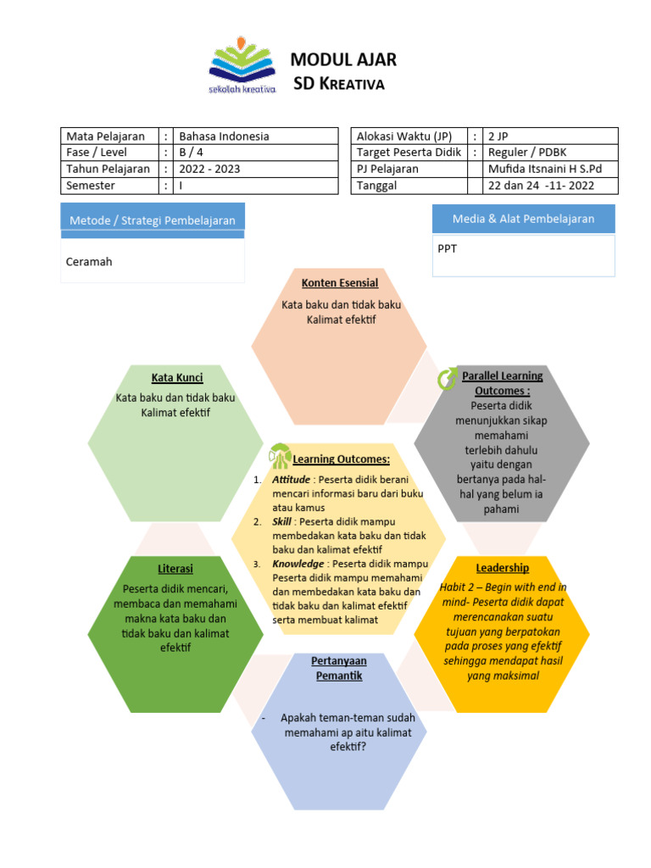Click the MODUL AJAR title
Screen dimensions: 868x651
tap(343, 59)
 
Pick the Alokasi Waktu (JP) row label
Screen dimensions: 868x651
tap(404, 136)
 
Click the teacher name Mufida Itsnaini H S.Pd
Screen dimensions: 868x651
tap(541, 169)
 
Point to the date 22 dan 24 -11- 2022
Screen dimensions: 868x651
tap(541, 186)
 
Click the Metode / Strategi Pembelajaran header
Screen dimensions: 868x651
tap(153, 220)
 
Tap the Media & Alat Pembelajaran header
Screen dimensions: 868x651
tap(523, 219)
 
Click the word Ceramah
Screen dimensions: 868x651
tap(89, 262)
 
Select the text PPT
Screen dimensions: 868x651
tap(448, 250)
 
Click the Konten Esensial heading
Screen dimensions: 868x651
tap(340, 283)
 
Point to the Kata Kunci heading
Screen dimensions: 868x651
tap(177, 377)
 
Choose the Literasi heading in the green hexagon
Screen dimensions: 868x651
tap(175, 568)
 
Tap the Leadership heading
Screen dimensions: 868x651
tap(503, 568)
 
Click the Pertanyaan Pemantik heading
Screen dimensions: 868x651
tap(339, 668)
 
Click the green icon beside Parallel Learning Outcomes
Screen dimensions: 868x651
tap(447, 379)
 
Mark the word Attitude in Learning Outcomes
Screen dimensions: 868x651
tap(291, 480)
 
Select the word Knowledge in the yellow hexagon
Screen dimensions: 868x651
tap(298, 564)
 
